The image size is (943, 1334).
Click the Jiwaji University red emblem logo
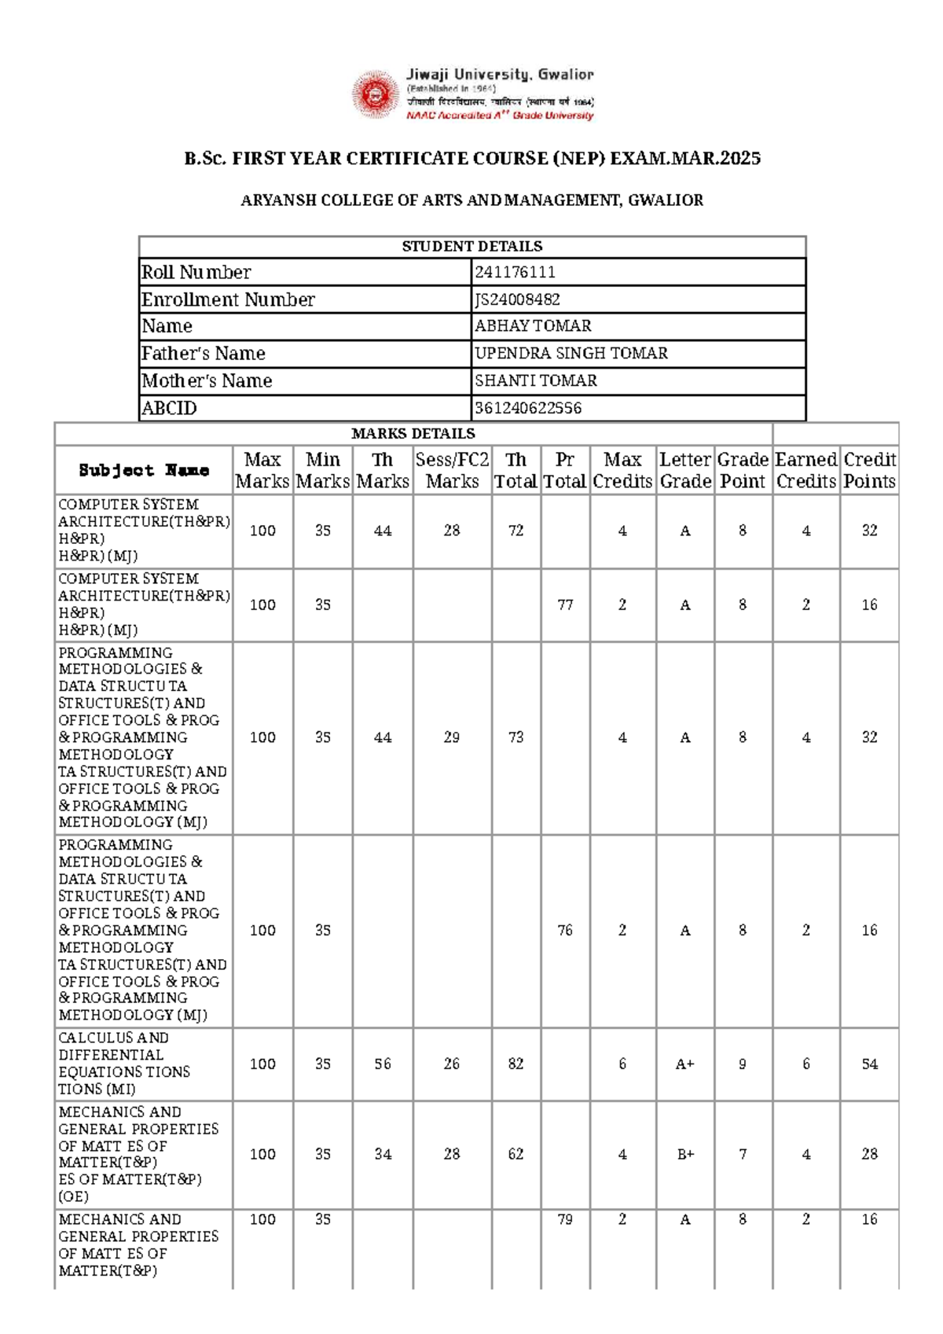[x=376, y=95]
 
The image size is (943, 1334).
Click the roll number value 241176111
[x=515, y=272]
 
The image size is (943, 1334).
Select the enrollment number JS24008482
[x=517, y=300]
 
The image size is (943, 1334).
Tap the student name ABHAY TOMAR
[x=533, y=326]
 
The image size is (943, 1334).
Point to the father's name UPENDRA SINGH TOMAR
[x=571, y=354]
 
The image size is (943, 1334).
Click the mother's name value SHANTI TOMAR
[x=536, y=380]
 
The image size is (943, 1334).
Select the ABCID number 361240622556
[x=528, y=408]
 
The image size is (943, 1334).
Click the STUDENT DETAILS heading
[x=472, y=246]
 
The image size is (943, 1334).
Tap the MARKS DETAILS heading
[x=413, y=433]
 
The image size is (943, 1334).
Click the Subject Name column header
[x=144, y=470]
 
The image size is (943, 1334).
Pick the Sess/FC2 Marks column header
[x=452, y=470]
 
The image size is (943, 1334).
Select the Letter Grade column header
[x=685, y=470]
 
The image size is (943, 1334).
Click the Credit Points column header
[x=869, y=470]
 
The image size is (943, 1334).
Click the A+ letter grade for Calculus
[x=685, y=1064]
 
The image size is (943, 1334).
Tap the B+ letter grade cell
[x=685, y=1155]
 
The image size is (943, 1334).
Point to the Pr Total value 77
[x=565, y=605]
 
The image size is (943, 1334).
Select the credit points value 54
[x=869, y=1064]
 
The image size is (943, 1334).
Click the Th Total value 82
[x=516, y=1064]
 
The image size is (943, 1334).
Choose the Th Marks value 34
[x=383, y=1155]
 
